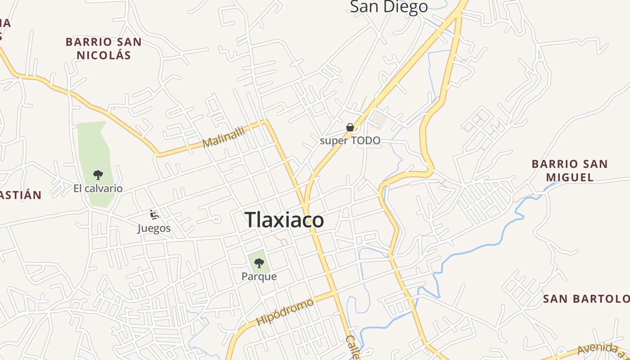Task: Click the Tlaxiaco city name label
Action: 284,220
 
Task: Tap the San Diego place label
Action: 389,7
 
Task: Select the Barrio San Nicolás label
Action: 103,49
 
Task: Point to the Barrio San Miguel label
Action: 570,170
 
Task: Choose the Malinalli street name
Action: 224,137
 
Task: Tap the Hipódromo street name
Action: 285,311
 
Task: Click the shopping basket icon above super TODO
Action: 350,127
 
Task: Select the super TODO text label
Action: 350,141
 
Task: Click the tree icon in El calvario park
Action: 98,175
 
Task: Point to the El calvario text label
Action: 98,188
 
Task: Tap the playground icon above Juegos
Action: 154,215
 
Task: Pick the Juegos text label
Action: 154,229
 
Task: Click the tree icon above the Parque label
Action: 259,263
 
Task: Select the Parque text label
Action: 259,276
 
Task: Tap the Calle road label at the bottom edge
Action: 353,347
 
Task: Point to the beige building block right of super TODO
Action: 379,119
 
